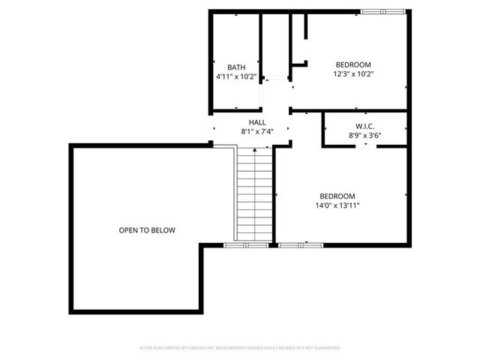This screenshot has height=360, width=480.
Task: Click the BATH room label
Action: pos(236,67)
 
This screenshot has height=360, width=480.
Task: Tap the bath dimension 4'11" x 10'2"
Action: pos(236,76)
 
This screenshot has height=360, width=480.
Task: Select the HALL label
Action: pos(257,122)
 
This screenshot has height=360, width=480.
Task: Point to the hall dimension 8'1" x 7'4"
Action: pos(257,132)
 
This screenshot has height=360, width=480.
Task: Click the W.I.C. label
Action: pos(364,126)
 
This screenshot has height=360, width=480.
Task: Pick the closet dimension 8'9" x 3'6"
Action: pos(364,136)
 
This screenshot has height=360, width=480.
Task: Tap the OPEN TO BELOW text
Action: pos(147,230)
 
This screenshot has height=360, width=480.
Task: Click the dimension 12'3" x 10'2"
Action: pos(353,74)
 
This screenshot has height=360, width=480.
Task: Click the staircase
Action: pos(255,195)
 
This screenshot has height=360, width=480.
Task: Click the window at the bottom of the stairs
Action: pos(246,244)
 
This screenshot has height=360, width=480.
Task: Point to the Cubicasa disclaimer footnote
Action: pos(240,348)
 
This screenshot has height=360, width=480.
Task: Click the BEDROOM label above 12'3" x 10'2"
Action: pos(353,64)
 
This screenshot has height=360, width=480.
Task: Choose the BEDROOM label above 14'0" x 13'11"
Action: pos(337,196)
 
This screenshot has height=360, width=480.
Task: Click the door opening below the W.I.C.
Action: pos(365,145)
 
